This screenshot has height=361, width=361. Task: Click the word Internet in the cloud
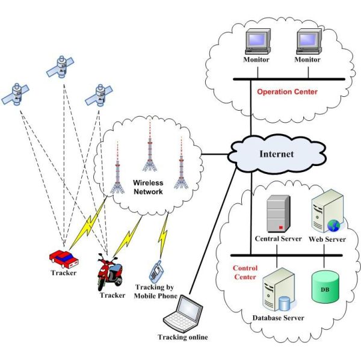tap(276, 154)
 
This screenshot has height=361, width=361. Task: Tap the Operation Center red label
tap(287, 92)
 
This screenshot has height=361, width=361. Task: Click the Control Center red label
tap(244, 273)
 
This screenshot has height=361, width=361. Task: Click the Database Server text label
tap(277, 318)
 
